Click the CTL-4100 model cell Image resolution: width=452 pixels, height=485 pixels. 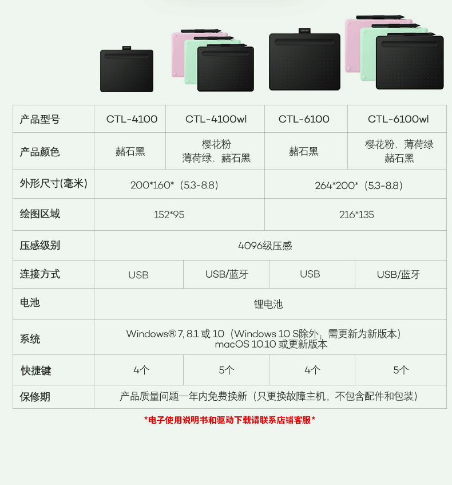(x=132, y=119)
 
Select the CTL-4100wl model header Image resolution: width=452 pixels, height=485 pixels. (x=216, y=119)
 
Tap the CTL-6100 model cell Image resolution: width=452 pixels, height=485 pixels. (x=304, y=119)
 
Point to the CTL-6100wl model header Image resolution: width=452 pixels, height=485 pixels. (x=398, y=119)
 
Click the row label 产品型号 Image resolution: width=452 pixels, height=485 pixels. (x=40, y=119)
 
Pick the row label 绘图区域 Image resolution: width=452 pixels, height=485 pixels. (x=40, y=214)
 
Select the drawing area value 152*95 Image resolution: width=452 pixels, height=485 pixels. (x=169, y=215)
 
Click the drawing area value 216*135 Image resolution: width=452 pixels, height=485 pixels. (x=356, y=215)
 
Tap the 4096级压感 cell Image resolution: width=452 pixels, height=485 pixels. (x=265, y=246)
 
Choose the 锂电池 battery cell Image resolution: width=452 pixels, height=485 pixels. (x=268, y=304)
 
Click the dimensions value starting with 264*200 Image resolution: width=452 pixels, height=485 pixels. (x=359, y=185)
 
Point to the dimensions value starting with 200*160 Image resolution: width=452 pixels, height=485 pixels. (x=175, y=185)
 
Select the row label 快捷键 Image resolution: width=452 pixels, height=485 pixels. (x=36, y=370)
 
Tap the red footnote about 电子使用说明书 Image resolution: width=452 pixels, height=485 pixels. (x=229, y=420)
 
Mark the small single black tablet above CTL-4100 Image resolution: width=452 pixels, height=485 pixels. (x=126, y=70)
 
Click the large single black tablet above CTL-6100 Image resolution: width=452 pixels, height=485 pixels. (x=304, y=61)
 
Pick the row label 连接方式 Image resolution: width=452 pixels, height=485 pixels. (x=40, y=274)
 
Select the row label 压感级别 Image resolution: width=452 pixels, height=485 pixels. (x=40, y=246)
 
